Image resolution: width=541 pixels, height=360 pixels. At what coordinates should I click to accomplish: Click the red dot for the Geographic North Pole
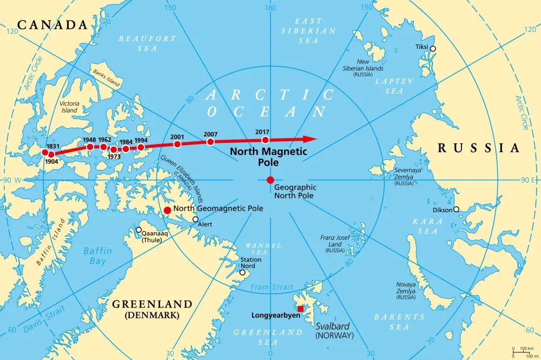(x=270, y=180)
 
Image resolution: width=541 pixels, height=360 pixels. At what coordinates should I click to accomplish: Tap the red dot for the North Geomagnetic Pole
(x=168, y=210)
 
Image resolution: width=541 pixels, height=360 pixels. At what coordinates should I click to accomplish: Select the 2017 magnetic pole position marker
(x=265, y=140)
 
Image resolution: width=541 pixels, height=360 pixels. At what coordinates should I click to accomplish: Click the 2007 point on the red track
(x=210, y=142)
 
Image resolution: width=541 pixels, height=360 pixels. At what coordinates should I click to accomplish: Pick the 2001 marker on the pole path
(x=177, y=144)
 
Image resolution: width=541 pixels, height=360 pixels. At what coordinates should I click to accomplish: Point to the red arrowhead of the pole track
(x=309, y=139)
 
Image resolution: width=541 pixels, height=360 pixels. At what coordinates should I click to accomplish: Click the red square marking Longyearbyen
(x=301, y=309)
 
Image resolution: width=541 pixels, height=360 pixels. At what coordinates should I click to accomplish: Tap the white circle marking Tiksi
(x=432, y=49)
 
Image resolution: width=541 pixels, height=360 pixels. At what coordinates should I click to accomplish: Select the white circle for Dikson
(x=457, y=209)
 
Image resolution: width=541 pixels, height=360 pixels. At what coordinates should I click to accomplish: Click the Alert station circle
(x=195, y=219)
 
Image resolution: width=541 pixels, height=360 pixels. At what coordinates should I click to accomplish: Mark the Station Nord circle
(x=242, y=272)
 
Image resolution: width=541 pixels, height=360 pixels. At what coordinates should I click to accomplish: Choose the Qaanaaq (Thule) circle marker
(x=138, y=230)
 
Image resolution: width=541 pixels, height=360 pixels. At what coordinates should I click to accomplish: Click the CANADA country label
(x=52, y=25)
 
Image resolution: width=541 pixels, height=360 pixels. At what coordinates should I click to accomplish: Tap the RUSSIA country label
(x=478, y=148)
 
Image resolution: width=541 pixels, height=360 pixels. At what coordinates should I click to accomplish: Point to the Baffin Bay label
(x=98, y=256)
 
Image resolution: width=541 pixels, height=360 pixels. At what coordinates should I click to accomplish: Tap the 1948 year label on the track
(x=89, y=140)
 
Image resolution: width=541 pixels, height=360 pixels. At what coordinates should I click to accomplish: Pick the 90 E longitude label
(x=528, y=180)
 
